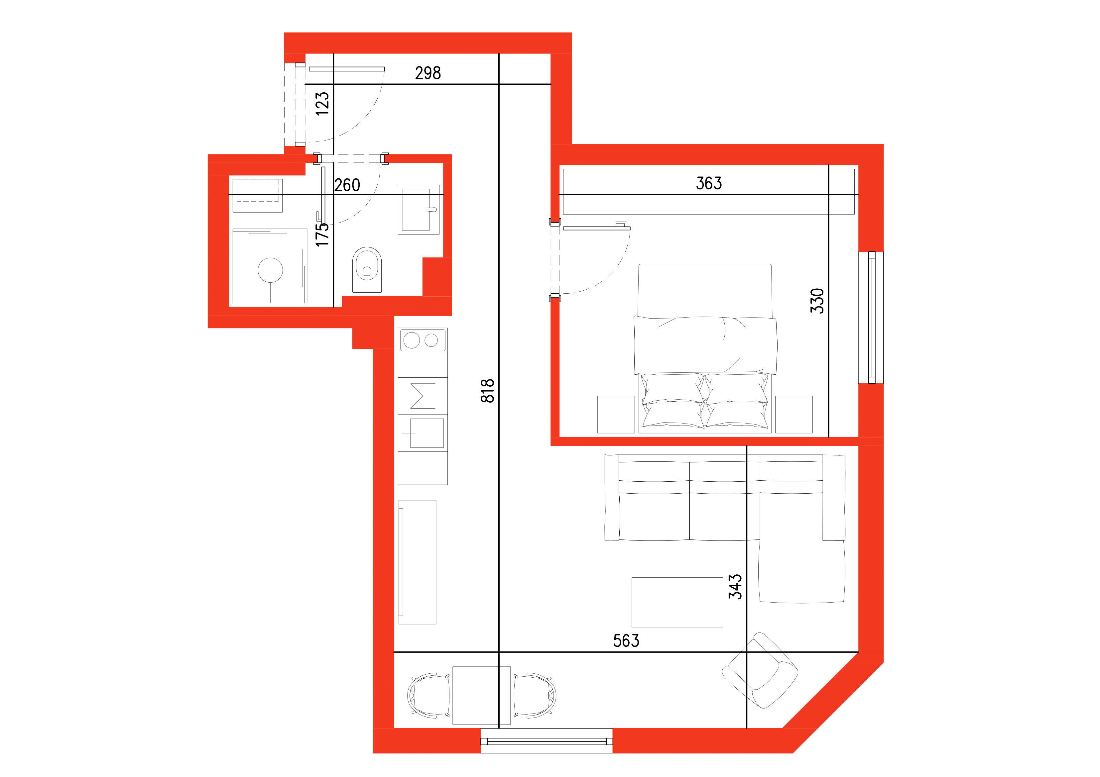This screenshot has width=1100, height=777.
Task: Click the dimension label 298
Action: [428, 73]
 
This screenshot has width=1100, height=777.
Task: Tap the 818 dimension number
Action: [487, 391]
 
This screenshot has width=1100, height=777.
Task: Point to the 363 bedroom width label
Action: [709, 183]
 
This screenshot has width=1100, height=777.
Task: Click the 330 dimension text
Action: [817, 301]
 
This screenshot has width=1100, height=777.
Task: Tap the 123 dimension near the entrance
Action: [322, 103]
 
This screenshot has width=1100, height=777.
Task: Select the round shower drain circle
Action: [270, 270]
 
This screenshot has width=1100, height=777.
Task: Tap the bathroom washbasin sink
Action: [418, 209]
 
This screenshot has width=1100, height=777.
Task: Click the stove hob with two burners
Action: [423, 340]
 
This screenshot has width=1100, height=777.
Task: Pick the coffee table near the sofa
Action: [677, 602]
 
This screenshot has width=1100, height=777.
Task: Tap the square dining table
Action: [481, 695]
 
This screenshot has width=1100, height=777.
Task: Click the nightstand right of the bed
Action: [794, 414]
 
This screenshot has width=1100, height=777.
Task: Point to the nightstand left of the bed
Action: [616, 414]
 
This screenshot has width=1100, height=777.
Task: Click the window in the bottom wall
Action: [546, 741]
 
